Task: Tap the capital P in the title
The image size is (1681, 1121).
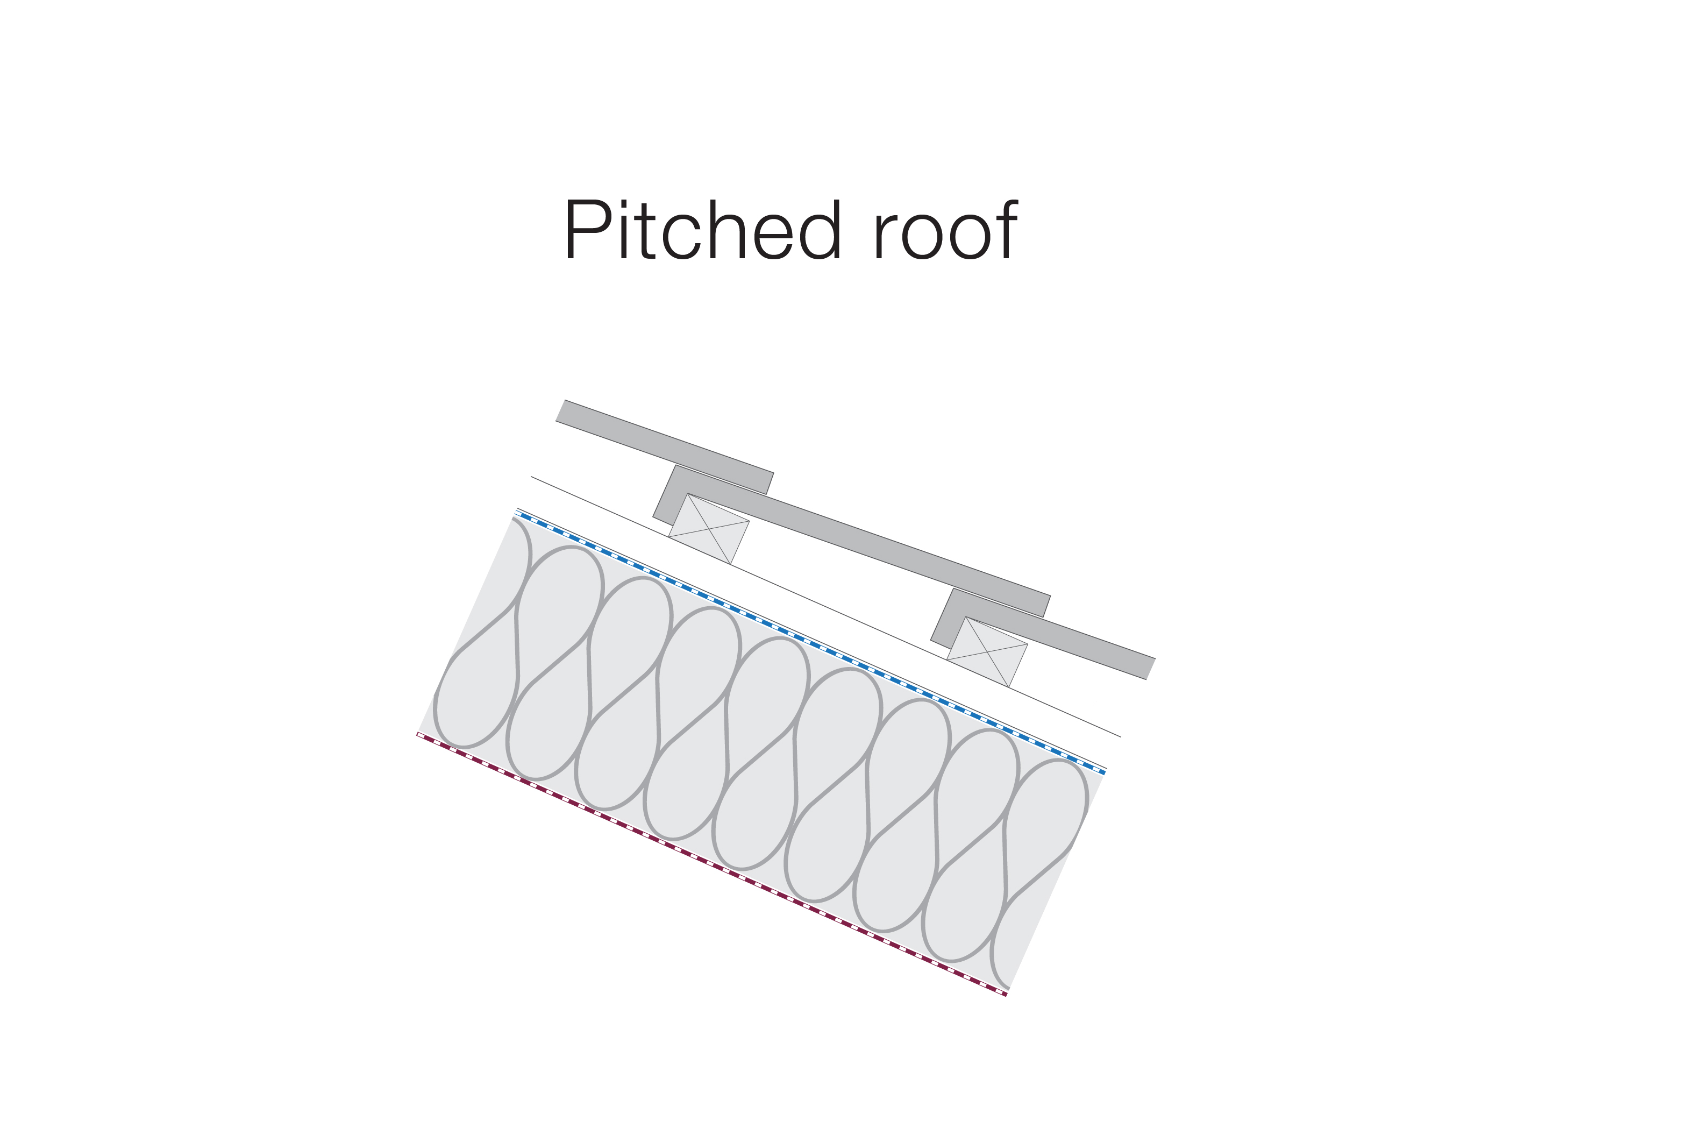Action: click(588, 230)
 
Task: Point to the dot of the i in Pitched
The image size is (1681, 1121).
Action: click(624, 204)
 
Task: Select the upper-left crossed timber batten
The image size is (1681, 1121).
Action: click(709, 529)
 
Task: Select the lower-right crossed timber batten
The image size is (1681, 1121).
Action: click(987, 652)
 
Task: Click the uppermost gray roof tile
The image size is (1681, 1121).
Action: click(665, 447)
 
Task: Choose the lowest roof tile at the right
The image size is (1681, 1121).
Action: click(1051, 636)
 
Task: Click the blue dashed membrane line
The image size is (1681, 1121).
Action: click(810, 643)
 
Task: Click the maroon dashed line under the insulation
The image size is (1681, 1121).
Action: click(712, 864)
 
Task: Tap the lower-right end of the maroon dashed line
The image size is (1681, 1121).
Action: click(1006, 995)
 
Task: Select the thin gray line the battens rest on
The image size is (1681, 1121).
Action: click(825, 606)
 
